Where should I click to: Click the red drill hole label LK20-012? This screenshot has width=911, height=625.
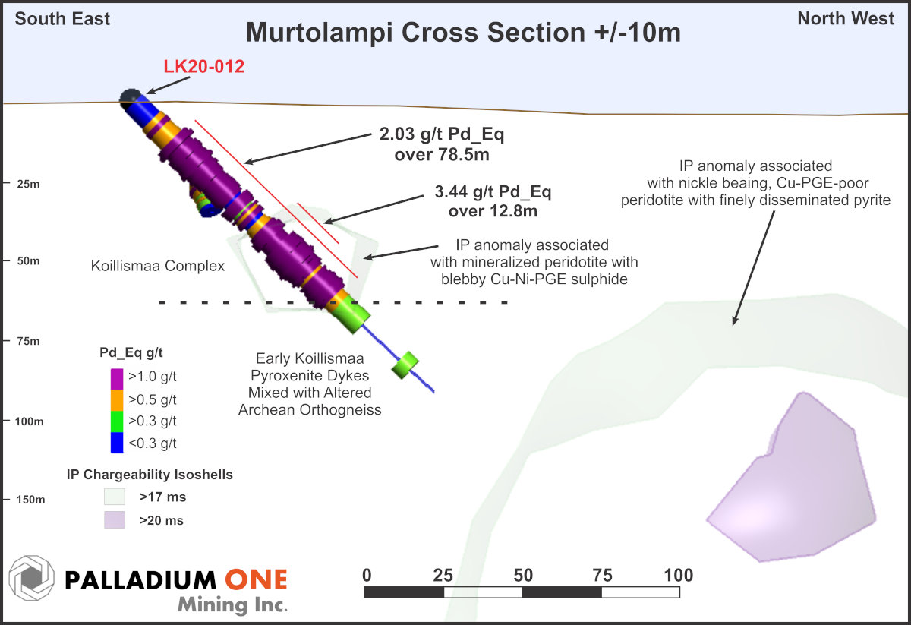pyautogui.click(x=203, y=66)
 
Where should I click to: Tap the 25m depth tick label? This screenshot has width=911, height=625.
pyautogui.click(x=29, y=184)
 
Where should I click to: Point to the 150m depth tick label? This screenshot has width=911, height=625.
pyautogui.click(x=30, y=500)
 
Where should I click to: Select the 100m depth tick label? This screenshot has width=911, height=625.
pyautogui.click(x=30, y=421)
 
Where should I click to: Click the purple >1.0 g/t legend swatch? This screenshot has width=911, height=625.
pyautogui.click(x=117, y=379)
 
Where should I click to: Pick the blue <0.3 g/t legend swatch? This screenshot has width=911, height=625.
pyautogui.click(x=117, y=442)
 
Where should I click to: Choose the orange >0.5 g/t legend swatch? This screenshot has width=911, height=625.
pyautogui.click(x=117, y=400)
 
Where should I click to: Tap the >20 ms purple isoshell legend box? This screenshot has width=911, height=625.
pyautogui.click(x=115, y=519)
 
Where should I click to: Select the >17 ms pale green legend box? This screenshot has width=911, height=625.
pyautogui.click(x=115, y=497)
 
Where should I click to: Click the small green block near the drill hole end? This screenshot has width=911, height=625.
pyautogui.click(x=405, y=365)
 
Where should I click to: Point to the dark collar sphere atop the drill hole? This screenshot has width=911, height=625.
pyautogui.click(x=130, y=98)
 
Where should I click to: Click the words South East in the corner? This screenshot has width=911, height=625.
pyautogui.click(x=62, y=19)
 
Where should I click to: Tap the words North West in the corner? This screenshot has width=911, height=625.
pyautogui.click(x=846, y=18)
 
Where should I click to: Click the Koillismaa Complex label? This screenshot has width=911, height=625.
pyautogui.click(x=158, y=266)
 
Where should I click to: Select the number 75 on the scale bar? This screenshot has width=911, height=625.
pyautogui.click(x=602, y=576)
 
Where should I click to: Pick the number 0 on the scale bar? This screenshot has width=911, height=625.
pyautogui.click(x=367, y=576)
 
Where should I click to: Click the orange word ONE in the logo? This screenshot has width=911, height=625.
pyautogui.click(x=257, y=579)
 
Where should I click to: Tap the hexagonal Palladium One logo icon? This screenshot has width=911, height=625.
pyautogui.click(x=31, y=578)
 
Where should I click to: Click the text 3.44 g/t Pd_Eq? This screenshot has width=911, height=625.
pyautogui.click(x=493, y=191)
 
